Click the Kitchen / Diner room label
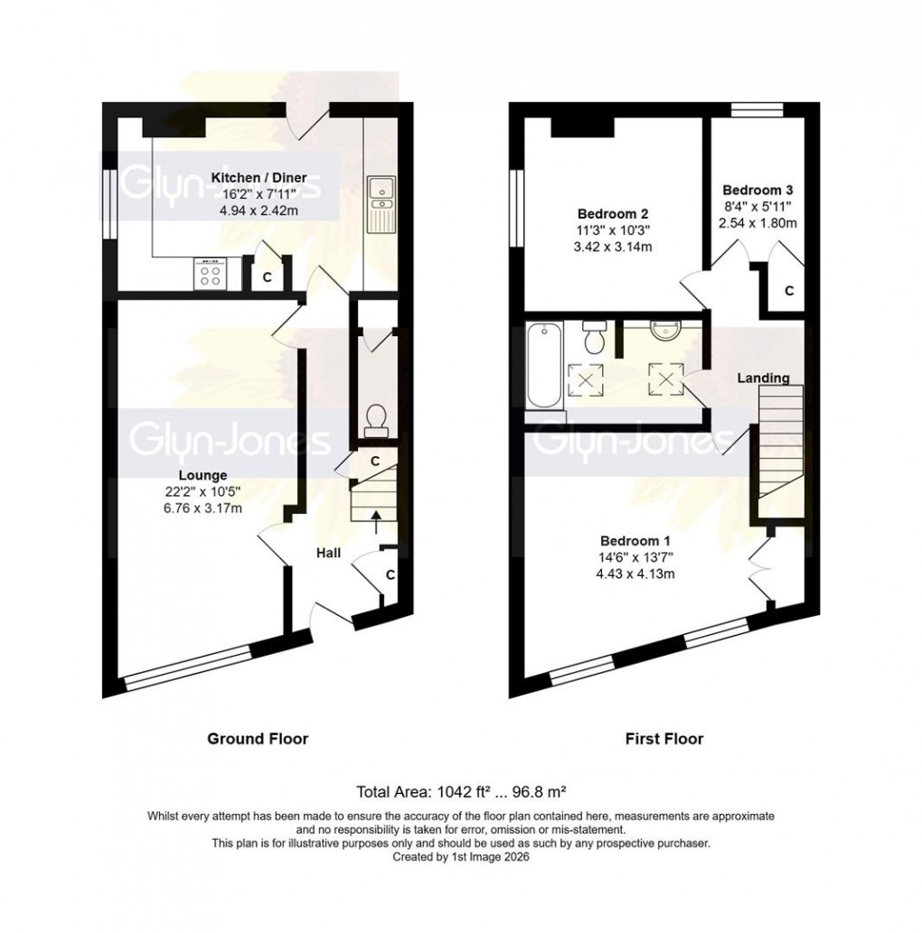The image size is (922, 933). (x=257, y=177)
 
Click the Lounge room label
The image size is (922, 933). (x=202, y=474)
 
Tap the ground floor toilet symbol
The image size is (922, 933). (x=374, y=420)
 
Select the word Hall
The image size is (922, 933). (x=328, y=553)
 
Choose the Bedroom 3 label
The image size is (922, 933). (x=757, y=191)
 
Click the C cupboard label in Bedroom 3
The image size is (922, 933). (x=788, y=291)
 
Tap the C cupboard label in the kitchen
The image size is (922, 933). (x=267, y=277)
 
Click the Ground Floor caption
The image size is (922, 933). (x=258, y=739)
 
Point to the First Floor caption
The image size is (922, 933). (x=664, y=739)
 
